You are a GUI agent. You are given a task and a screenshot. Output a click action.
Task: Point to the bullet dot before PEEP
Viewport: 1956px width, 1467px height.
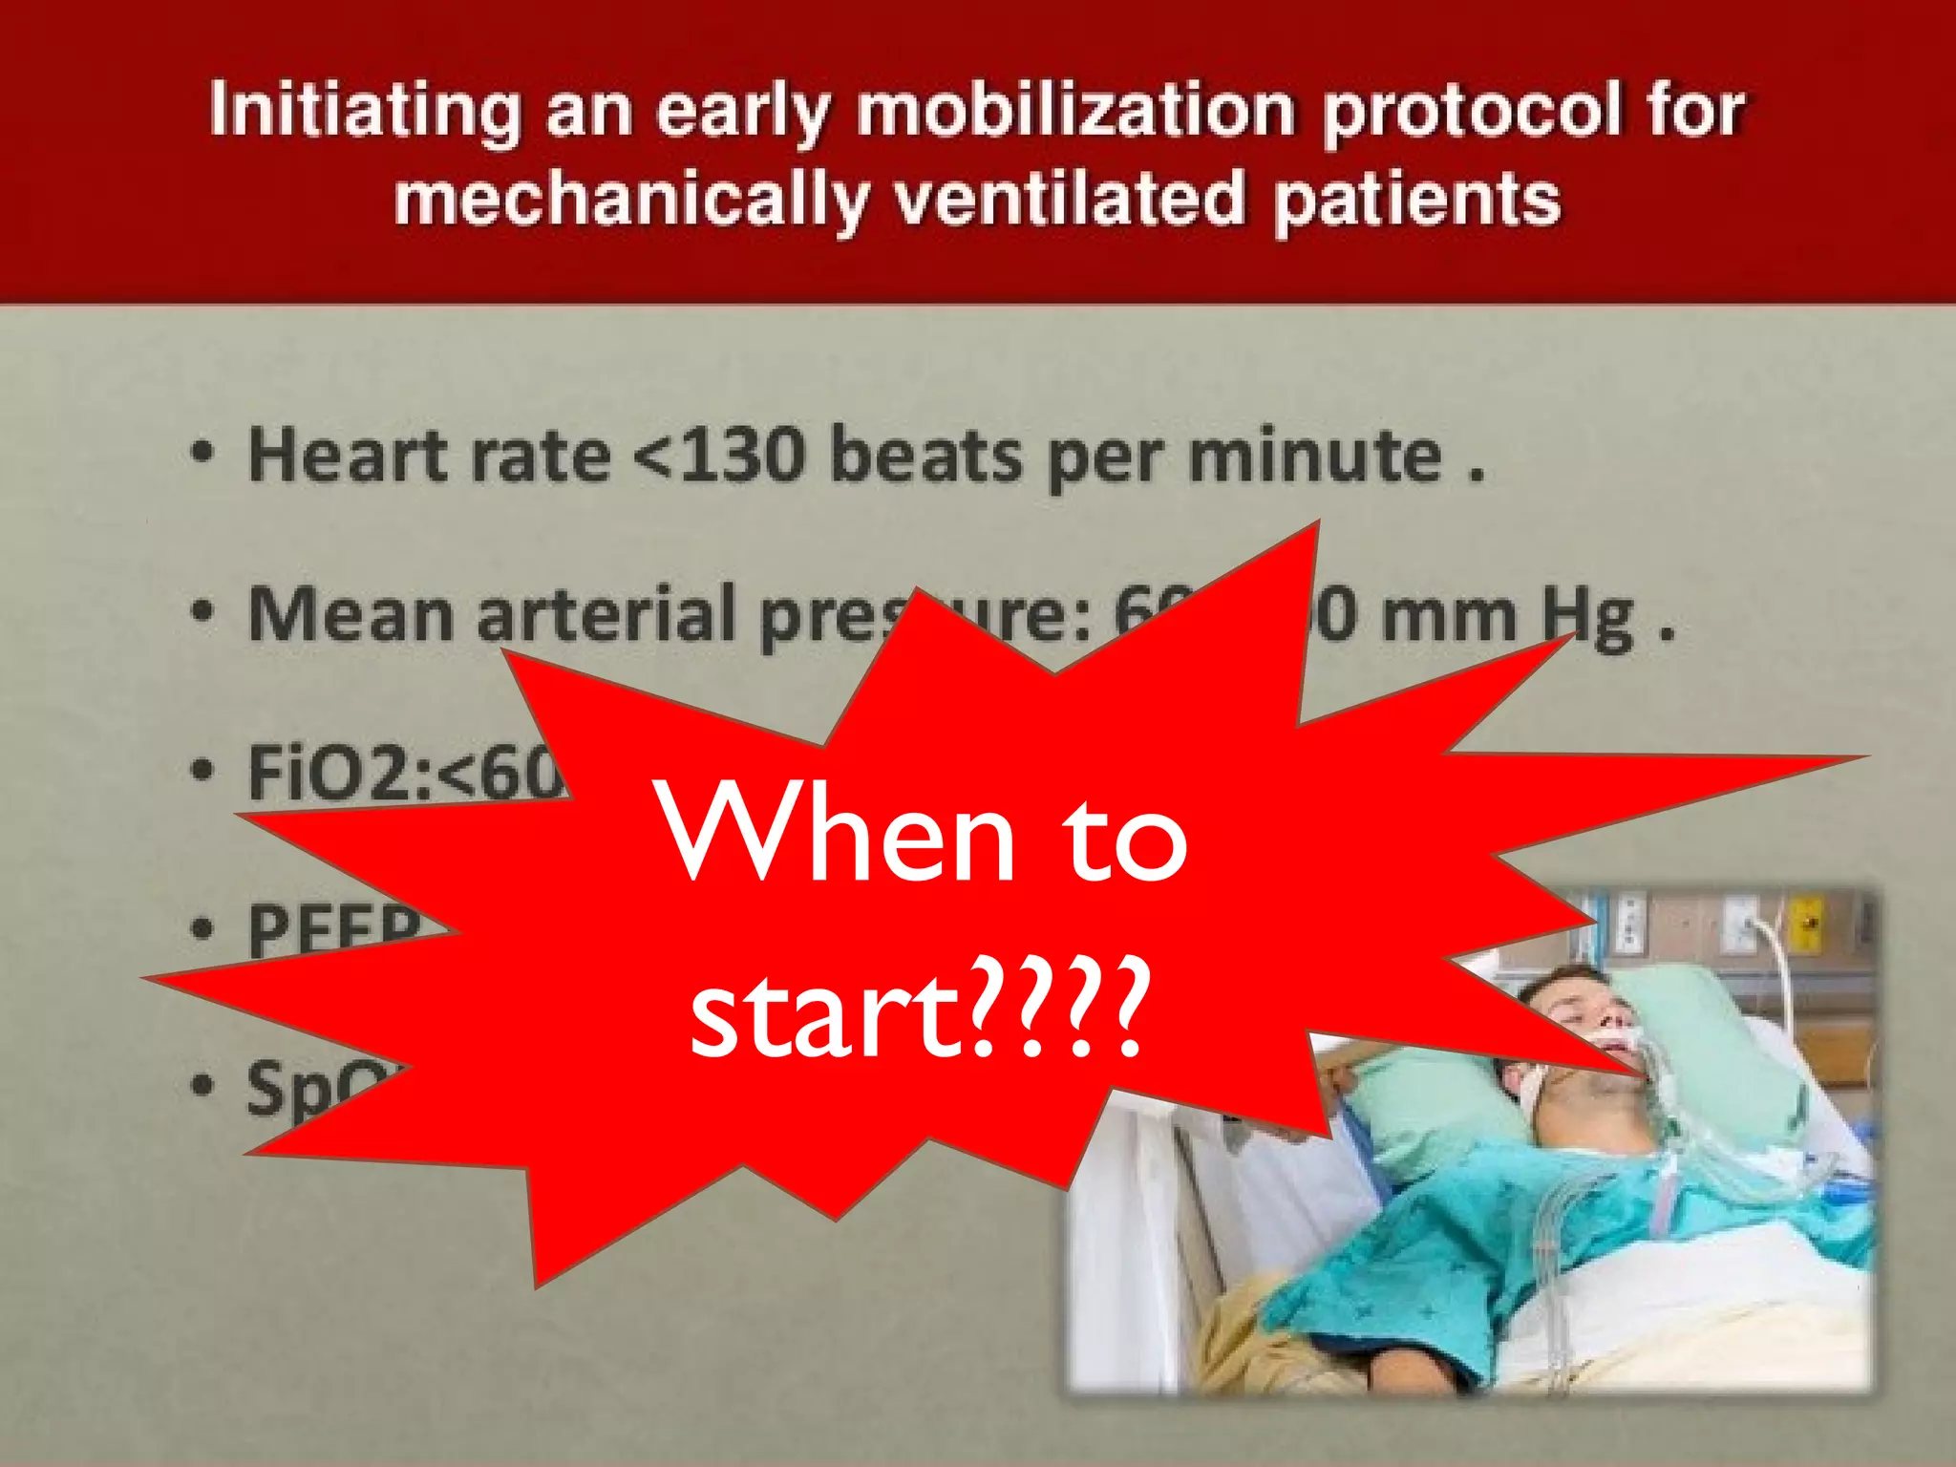(202, 927)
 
